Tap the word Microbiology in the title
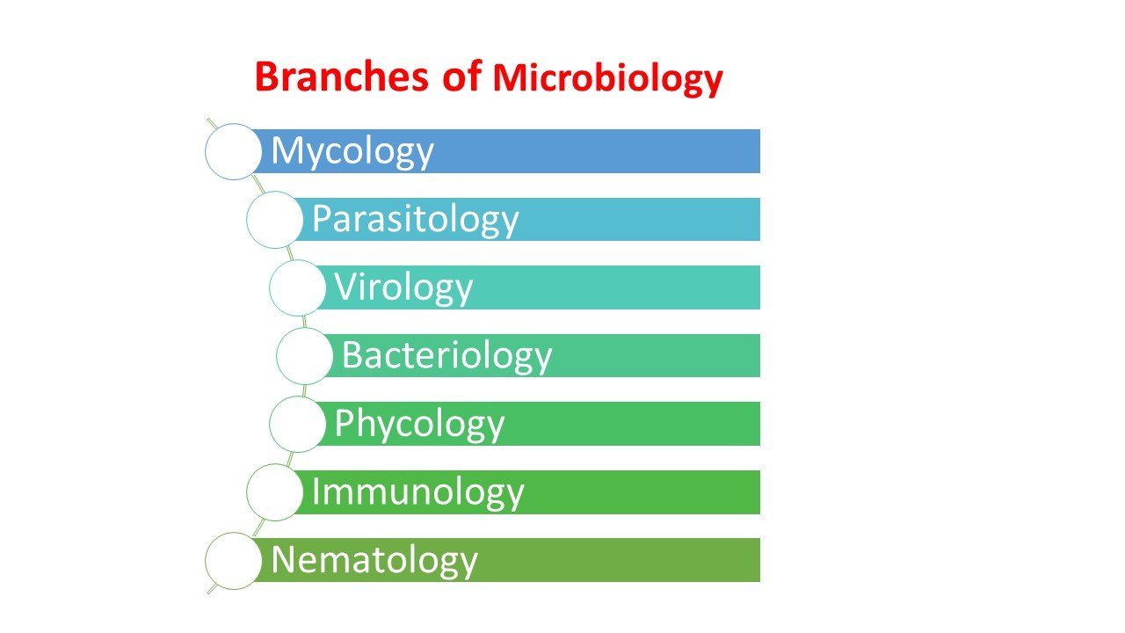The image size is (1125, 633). tap(607, 79)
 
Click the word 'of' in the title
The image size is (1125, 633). tap(461, 77)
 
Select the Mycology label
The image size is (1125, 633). tap(352, 152)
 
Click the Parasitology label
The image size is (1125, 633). tap(415, 220)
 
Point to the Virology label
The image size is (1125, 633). tap(403, 287)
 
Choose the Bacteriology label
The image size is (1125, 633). tap(446, 355)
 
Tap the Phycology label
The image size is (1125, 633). tap(419, 424)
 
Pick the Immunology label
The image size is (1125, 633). tap(417, 491)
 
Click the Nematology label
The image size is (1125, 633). tap(374, 560)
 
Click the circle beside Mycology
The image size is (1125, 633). tap(234, 151)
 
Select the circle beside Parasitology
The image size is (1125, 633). tap(274, 220)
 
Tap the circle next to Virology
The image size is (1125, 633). tap(297, 287)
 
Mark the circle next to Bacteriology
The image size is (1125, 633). tap(304, 355)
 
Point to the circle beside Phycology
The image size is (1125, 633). tap(297, 424)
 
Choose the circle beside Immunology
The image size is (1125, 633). tap(274, 491)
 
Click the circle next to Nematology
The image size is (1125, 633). tap(234, 560)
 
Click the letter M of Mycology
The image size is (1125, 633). tap(287, 150)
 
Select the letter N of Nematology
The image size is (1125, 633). tap(282, 559)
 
